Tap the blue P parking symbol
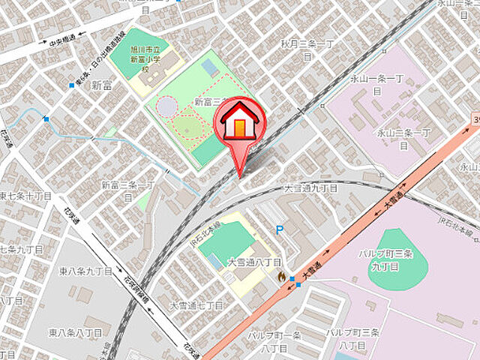[x=280, y=231]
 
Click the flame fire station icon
[x=281, y=276]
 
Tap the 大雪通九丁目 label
[x=310, y=189]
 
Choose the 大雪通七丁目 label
[x=196, y=305]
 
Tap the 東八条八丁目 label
[x=76, y=331]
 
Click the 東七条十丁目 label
[x=24, y=196]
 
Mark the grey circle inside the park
[x=166, y=107]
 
